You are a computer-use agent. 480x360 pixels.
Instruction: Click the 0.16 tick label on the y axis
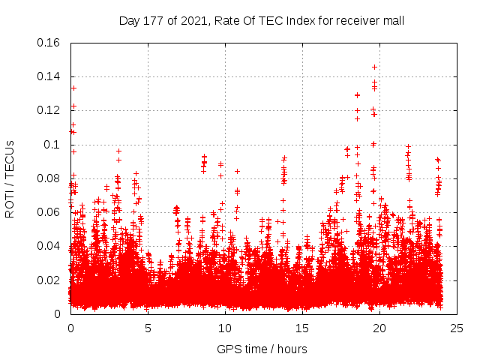tap(49, 43)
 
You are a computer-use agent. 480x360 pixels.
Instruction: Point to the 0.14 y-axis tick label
tap(49, 76)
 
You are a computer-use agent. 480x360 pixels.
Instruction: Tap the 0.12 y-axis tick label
tap(49, 110)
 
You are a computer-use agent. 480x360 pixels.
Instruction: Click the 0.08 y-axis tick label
tap(49, 178)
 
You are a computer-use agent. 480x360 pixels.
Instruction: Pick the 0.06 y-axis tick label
tap(49, 212)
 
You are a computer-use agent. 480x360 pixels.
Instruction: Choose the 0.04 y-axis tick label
tap(49, 246)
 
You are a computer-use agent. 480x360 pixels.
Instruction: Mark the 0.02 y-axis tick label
tap(49, 280)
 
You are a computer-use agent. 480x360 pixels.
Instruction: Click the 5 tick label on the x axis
tap(148, 328)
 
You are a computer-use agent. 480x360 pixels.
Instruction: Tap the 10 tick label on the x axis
tap(225, 328)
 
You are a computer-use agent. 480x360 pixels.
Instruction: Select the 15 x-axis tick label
tap(302, 328)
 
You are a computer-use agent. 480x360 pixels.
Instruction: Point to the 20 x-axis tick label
tap(379, 328)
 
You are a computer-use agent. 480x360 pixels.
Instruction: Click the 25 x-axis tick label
tap(457, 328)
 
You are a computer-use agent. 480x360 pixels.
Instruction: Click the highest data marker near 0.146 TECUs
tap(374, 67)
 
